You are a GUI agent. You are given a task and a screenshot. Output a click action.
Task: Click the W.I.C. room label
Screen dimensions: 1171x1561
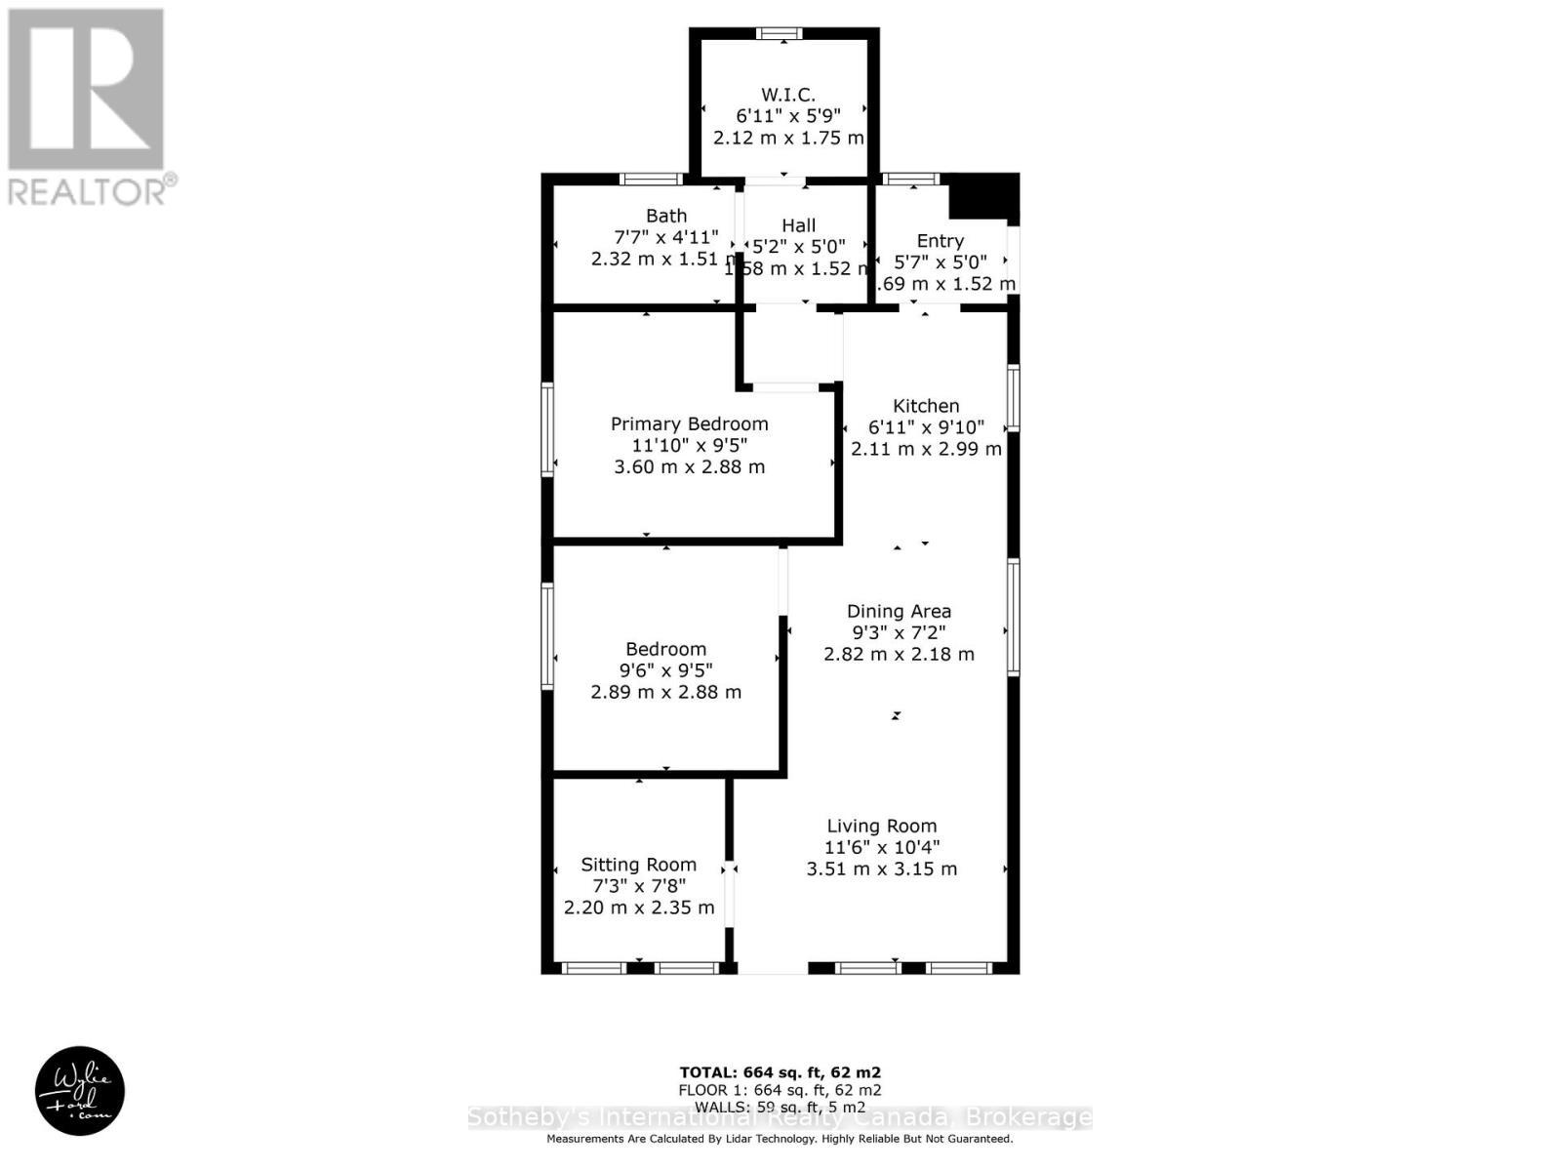click(x=787, y=95)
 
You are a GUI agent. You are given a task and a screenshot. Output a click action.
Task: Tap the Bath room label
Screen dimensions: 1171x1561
click(x=666, y=216)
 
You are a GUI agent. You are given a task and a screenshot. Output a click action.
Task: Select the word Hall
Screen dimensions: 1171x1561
click(x=798, y=225)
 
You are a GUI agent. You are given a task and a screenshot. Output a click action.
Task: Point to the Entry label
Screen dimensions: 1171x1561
click(x=940, y=241)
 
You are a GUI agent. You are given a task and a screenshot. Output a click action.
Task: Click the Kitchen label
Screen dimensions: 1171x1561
click(x=926, y=406)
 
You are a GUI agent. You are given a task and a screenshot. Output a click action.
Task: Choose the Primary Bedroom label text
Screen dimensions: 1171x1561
click(x=689, y=424)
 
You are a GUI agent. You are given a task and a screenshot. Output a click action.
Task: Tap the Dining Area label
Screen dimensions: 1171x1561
click(x=899, y=612)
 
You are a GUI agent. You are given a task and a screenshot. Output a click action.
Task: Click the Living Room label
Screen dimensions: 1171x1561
click(x=882, y=827)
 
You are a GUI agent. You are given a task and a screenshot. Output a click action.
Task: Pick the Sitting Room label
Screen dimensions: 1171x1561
click(x=638, y=865)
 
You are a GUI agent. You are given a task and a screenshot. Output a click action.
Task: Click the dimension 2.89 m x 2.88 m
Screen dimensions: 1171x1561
click(x=665, y=692)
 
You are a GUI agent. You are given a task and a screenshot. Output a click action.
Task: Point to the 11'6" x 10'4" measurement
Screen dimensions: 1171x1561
click(x=882, y=848)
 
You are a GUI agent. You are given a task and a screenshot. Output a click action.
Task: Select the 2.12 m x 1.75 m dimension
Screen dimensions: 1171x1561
click(x=788, y=138)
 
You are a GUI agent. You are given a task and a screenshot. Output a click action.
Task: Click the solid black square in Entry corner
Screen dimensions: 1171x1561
click(x=983, y=198)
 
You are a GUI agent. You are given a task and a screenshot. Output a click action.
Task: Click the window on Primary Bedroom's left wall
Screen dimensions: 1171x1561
click(x=547, y=429)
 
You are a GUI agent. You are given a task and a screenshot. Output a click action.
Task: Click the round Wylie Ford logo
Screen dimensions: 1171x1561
click(x=80, y=1091)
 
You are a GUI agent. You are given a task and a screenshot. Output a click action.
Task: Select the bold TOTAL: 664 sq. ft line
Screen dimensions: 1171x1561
click(x=780, y=1072)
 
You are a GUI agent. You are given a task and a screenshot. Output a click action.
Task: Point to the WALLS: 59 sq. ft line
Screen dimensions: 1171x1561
click(x=780, y=1107)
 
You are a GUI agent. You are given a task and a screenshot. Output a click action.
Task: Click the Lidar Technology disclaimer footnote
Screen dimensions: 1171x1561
click(x=780, y=1139)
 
